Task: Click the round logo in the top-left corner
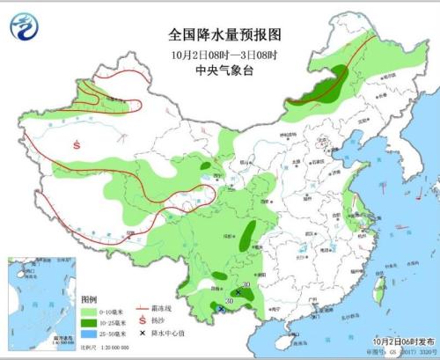click(23, 27)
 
